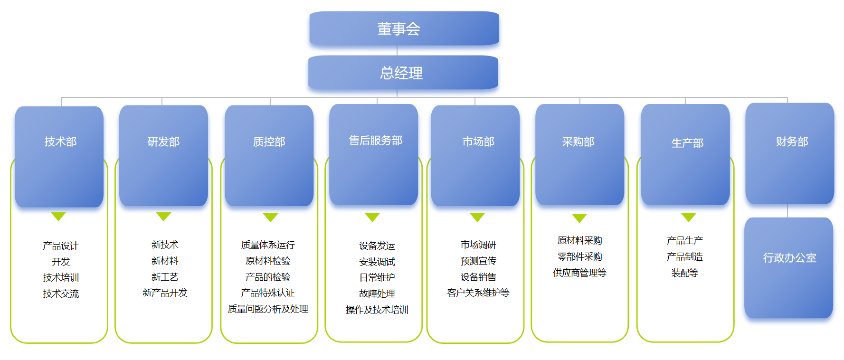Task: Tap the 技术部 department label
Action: coord(60,142)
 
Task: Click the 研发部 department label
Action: coord(163,142)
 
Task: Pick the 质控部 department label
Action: coord(269,142)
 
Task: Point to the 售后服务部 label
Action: coord(375,140)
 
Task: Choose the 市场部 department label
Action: coord(478,142)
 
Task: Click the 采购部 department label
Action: coord(578,142)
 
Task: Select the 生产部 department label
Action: coord(687,143)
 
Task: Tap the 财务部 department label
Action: coord(792,142)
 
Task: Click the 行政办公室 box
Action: coord(789,258)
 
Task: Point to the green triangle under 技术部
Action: coord(58,217)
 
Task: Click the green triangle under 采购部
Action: coord(579,218)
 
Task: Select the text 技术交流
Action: coord(61,294)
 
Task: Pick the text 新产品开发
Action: coord(165,293)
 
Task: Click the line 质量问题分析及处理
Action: coord(268,309)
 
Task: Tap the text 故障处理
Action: coord(377,294)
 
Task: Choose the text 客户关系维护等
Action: coord(478,293)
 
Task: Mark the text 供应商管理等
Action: coord(579,273)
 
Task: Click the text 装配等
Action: coord(684,273)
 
